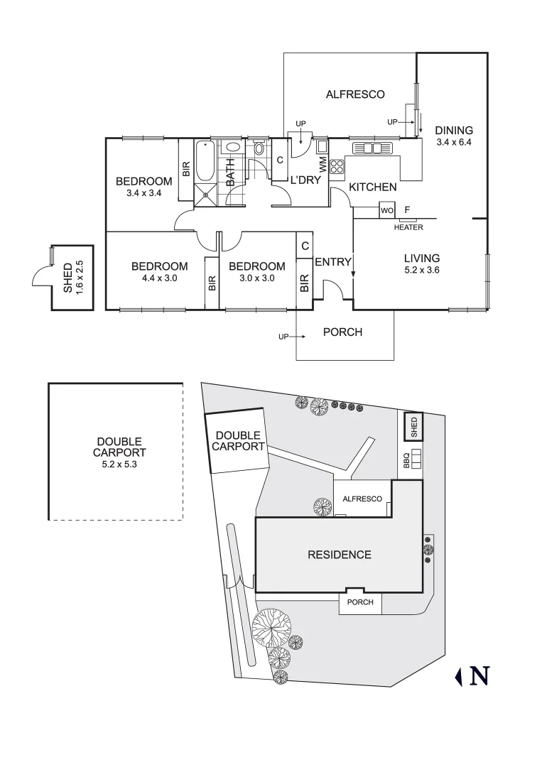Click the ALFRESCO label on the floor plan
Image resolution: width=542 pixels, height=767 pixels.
tap(355, 94)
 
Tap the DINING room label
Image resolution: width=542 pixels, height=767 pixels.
tap(454, 130)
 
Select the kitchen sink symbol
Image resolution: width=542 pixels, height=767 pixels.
tap(372, 148)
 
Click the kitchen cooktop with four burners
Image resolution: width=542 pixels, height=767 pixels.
tap(337, 167)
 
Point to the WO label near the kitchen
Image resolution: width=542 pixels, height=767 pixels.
tap(386, 211)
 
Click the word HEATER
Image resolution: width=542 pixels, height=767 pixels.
tap(408, 227)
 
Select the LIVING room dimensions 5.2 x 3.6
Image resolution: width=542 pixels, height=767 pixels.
tap(422, 270)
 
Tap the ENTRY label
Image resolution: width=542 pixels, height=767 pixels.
tap(333, 262)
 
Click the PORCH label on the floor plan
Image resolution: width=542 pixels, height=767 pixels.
tap(342, 332)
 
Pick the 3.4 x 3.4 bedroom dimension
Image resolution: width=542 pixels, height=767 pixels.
tap(144, 192)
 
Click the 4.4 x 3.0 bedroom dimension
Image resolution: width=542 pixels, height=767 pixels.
tap(159, 278)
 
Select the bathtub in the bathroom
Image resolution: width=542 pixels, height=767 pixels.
tap(205, 162)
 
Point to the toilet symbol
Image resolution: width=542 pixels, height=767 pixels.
tap(259, 149)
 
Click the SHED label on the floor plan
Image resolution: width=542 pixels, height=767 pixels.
tap(68, 277)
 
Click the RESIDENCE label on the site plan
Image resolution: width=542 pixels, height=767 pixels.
tap(339, 555)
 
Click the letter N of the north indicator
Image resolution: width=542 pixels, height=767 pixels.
tap(479, 675)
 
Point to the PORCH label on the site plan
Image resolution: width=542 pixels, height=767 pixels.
tap(359, 603)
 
